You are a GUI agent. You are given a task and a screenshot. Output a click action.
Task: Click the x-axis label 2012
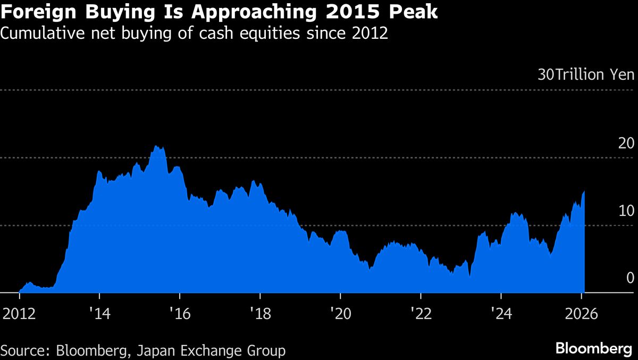click(19, 313)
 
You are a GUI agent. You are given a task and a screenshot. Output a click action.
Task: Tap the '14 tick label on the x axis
click(99, 313)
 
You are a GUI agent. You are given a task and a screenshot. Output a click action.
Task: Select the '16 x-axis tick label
click(180, 313)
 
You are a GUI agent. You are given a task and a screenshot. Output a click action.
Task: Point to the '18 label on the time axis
click(260, 313)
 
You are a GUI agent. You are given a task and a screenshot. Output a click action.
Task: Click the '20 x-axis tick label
click(340, 313)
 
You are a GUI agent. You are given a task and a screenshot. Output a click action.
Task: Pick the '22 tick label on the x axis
click(421, 313)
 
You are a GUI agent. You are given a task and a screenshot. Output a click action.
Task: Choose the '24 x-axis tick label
click(501, 313)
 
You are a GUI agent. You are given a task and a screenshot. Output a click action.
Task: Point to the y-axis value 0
click(630, 278)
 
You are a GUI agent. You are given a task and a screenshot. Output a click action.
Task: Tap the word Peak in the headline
click(412, 12)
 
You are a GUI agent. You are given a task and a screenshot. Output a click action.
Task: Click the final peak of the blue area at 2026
click(584, 191)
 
